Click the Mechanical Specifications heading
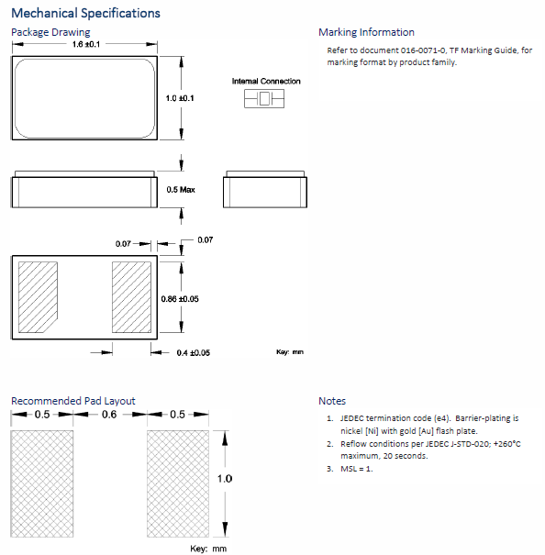coord(85,13)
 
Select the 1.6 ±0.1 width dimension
coord(86,44)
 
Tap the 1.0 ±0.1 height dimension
coord(180,98)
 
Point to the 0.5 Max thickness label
coord(181,190)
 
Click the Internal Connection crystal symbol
coord(264,98)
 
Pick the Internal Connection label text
coord(266,81)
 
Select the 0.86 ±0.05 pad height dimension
coord(180,299)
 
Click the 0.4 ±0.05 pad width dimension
coord(194,353)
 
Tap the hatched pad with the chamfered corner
coord(38,297)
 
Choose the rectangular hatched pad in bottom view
coord(131,297)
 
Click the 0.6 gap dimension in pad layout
coord(109,414)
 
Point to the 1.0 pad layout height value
coord(225,479)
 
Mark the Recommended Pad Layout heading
coord(73,401)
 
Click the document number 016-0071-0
coord(423,50)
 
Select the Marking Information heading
coord(366,32)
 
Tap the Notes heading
coord(332,401)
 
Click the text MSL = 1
coord(357,469)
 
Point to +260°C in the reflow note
coord(507,444)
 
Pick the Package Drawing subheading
coord(50,32)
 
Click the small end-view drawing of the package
coord(265,189)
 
